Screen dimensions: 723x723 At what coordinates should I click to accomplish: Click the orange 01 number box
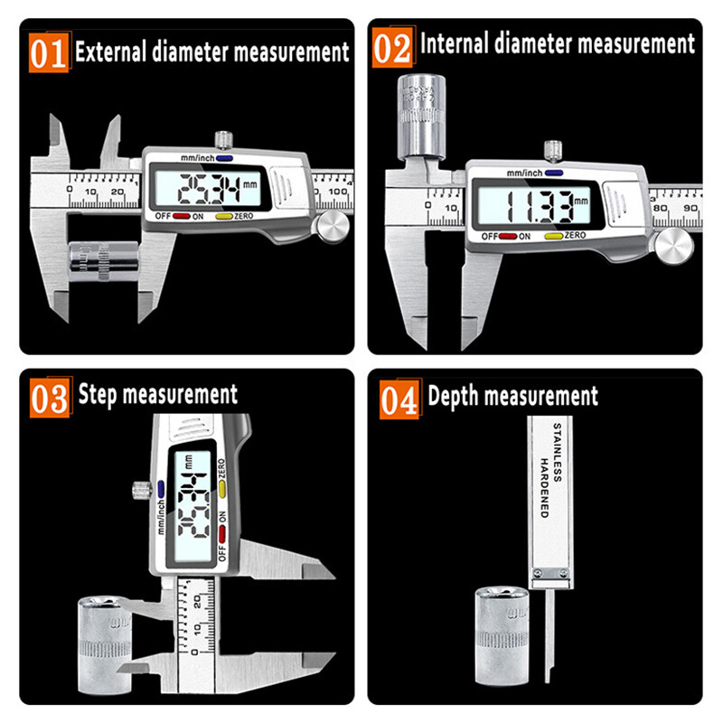point(49,52)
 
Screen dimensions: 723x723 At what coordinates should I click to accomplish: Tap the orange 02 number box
point(392,46)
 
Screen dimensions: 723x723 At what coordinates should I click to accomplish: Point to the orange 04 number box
point(399,399)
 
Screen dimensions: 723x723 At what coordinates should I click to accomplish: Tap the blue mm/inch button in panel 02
point(554,173)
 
